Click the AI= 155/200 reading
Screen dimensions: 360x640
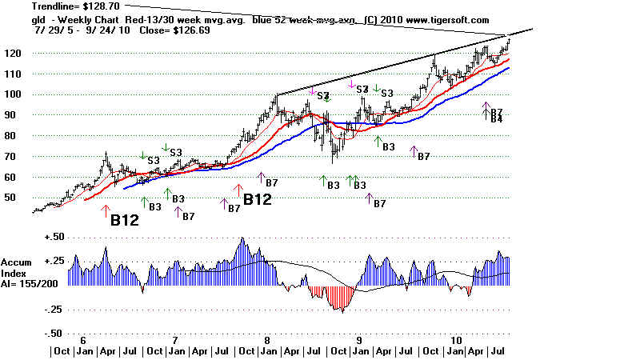(x=27, y=283)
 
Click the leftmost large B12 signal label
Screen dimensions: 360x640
(x=126, y=221)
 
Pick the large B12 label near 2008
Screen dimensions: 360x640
(x=262, y=199)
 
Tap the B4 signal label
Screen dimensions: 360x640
(x=496, y=119)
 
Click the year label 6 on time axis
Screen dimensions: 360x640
(x=82, y=340)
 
